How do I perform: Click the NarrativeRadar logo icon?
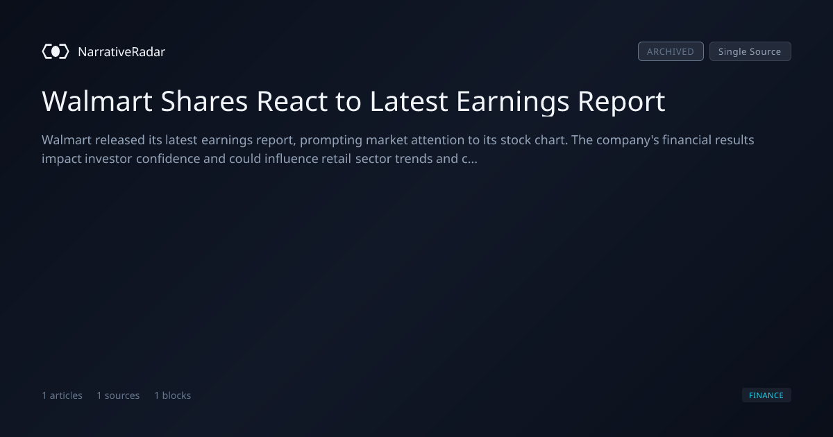pos(56,51)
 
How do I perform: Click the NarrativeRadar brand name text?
pos(121,51)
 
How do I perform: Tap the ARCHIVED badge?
pos(671,51)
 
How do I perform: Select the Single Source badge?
pos(750,51)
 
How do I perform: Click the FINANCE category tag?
pos(766,395)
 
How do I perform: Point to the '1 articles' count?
pos(62,395)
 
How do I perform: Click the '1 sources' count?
pos(118,395)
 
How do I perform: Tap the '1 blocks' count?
pos(173,395)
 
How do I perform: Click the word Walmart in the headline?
pos(97,101)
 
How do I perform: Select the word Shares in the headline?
pos(204,101)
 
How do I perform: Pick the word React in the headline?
pos(292,101)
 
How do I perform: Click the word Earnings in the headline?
pos(512,102)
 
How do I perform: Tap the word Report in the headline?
pos(621,102)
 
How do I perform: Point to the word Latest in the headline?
pos(409,101)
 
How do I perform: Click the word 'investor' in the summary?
pos(108,159)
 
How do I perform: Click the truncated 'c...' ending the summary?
pos(470,160)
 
